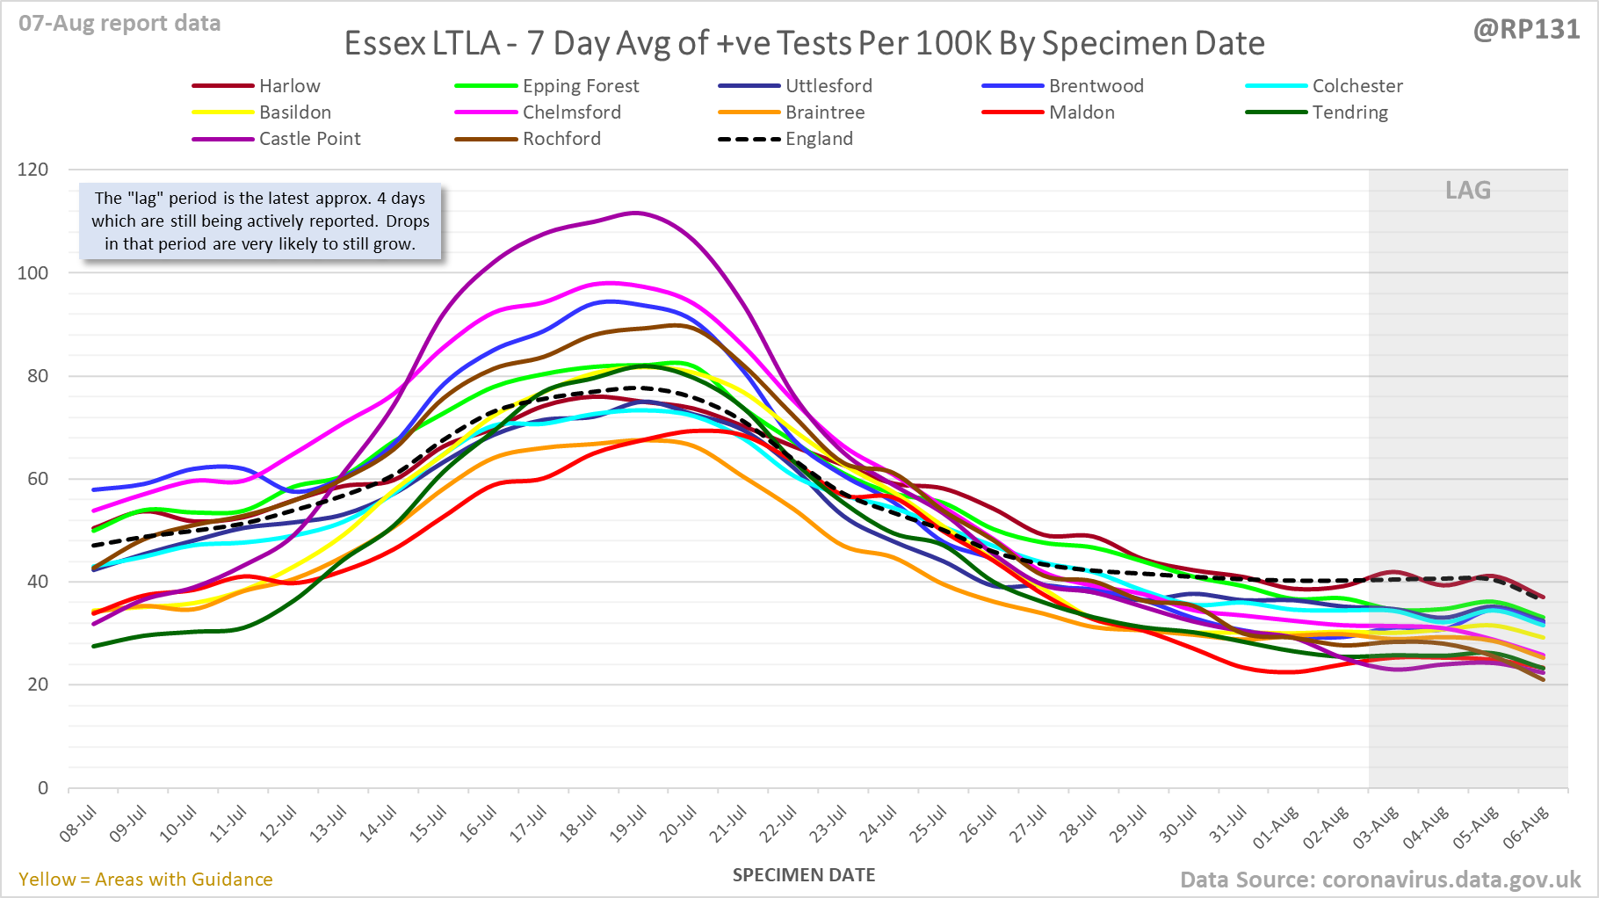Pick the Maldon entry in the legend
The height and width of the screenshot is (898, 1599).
(x=1082, y=112)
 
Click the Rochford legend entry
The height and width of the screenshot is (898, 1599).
(x=561, y=139)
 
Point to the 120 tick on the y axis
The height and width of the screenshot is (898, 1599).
(x=33, y=170)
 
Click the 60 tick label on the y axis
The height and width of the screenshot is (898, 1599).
(x=37, y=479)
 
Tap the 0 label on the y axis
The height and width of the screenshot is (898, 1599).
(x=43, y=788)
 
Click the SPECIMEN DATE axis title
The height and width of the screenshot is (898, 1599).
(x=804, y=875)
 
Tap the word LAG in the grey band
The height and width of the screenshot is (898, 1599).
(x=1468, y=191)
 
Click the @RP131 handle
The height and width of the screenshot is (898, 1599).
(x=1526, y=30)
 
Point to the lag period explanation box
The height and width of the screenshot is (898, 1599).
(x=260, y=221)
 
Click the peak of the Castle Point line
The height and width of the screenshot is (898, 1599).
(x=634, y=213)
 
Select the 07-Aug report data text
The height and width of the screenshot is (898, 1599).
(x=119, y=24)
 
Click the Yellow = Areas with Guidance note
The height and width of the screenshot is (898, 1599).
(x=146, y=880)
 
